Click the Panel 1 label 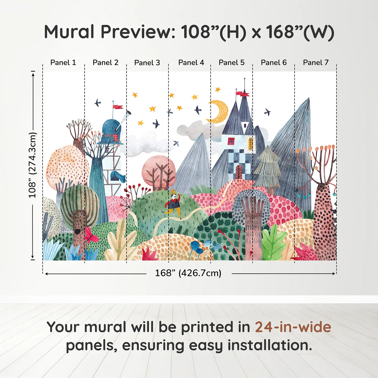coord(63,63)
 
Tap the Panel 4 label coord(191,63)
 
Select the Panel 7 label coord(316,63)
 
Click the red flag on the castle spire coord(242,94)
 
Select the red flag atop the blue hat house coord(118,107)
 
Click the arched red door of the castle coord(239,172)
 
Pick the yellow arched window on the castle coord(251,144)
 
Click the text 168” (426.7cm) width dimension coord(188,273)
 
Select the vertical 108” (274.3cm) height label coord(32,165)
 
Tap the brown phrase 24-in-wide coord(293,327)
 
